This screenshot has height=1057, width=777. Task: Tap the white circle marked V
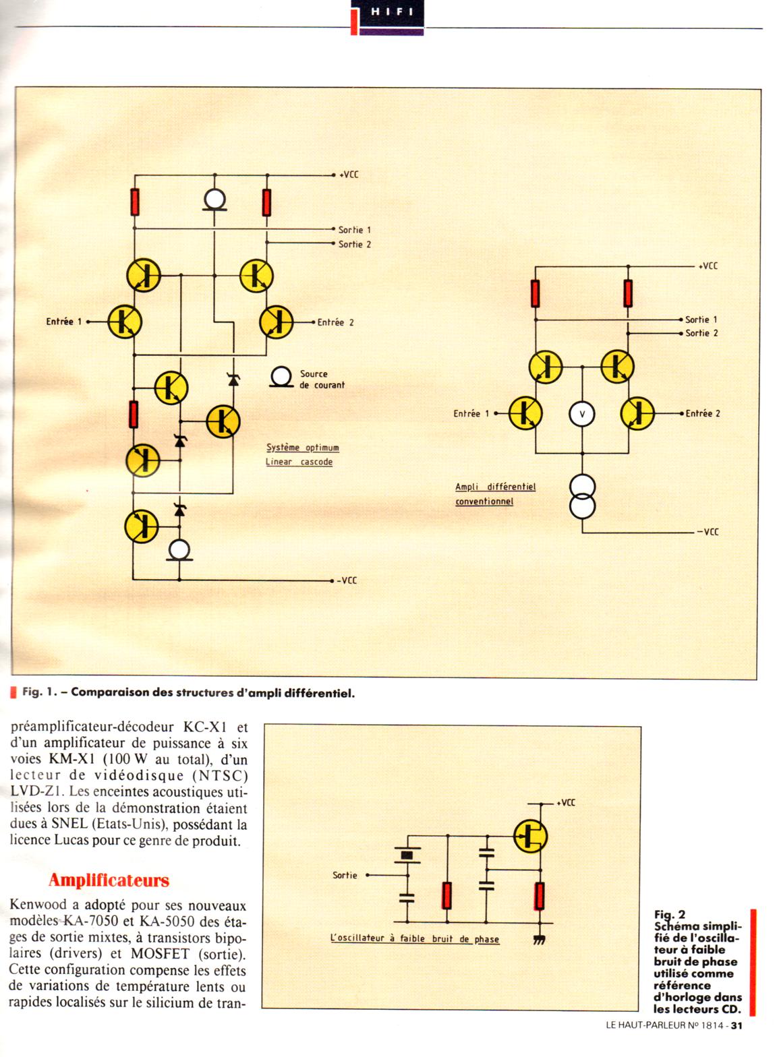pyautogui.click(x=581, y=414)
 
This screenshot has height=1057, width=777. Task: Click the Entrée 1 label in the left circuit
pyautogui.click(x=63, y=322)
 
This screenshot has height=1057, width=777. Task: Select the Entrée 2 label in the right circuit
pyautogui.click(x=703, y=414)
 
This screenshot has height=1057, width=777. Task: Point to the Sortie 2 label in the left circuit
pyautogui.click(x=355, y=245)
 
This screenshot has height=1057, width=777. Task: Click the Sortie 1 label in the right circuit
pyautogui.click(x=701, y=320)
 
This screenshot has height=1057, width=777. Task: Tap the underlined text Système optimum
pyautogui.click(x=302, y=448)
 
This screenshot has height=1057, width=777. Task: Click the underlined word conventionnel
pyautogui.click(x=484, y=502)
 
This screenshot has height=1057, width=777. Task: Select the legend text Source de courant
pyautogui.click(x=322, y=380)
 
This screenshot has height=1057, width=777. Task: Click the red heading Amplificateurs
pyautogui.click(x=109, y=880)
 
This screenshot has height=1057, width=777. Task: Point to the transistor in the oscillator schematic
pyautogui.click(x=530, y=837)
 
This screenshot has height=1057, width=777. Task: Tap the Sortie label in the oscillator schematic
pyautogui.click(x=345, y=876)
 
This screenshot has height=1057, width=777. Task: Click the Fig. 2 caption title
pyautogui.click(x=670, y=915)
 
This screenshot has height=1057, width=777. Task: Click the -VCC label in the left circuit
pyautogui.click(x=347, y=580)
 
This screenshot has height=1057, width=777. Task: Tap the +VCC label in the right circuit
pyautogui.click(x=708, y=266)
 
